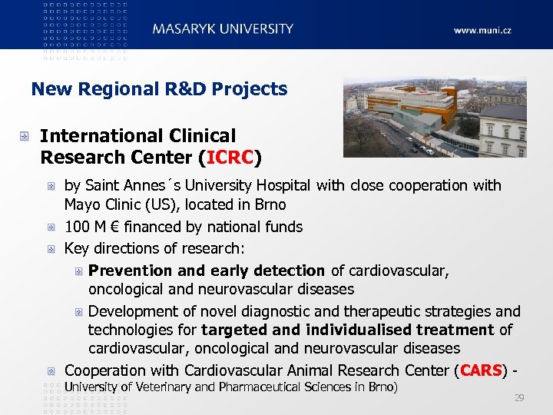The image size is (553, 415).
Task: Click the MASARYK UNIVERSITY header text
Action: click(x=223, y=29)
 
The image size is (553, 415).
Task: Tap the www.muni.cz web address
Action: click(x=482, y=31)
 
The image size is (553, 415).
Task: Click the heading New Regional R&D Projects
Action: click(x=159, y=89)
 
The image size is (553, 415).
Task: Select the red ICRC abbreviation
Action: click(x=230, y=158)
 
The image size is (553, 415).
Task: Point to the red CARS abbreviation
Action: click(x=481, y=370)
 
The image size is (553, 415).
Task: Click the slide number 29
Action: click(x=519, y=397)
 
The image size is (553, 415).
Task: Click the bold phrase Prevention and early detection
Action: click(x=207, y=271)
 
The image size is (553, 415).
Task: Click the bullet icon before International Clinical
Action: click(x=25, y=137)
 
